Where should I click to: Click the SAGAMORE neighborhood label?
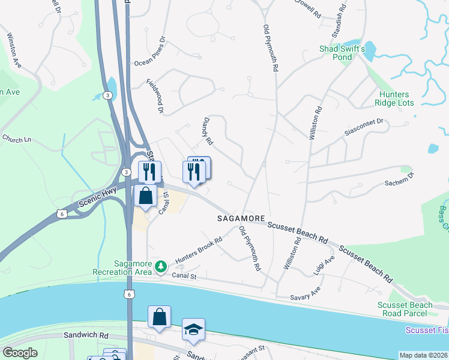pyautogui.click(x=241, y=220)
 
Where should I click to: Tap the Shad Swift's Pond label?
pyautogui.click(x=342, y=53)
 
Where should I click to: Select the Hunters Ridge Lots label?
pyautogui.click(x=394, y=99)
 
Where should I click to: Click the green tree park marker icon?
pyautogui.click(x=160, y=266)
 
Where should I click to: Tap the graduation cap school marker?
pyautogui.click(x=193, y=329)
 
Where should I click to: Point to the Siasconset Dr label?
pyautogui.click(x=363, y=127)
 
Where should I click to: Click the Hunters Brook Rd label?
pyautogui.click(x=199, y=250)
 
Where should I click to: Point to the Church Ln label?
pyautogui.click(x=16, y=139)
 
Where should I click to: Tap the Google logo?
pyautogui.click(x=20, y=353)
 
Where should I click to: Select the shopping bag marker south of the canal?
pyautogui.click(x=160, y=317)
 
